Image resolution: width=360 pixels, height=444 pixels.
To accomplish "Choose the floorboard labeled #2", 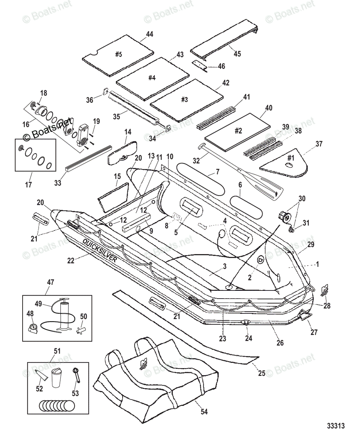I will (238, 131).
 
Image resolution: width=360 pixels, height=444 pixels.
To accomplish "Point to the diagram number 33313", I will (336, 426).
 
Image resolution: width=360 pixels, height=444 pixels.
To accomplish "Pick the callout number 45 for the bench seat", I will (237, 54).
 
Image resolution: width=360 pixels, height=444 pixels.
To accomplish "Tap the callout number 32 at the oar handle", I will (197, 161).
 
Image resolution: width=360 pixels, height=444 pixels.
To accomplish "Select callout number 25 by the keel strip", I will (261, 373).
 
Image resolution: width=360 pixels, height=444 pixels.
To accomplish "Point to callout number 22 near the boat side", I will (71, 260).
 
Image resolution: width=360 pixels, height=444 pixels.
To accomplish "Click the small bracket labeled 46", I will (200, 65).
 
